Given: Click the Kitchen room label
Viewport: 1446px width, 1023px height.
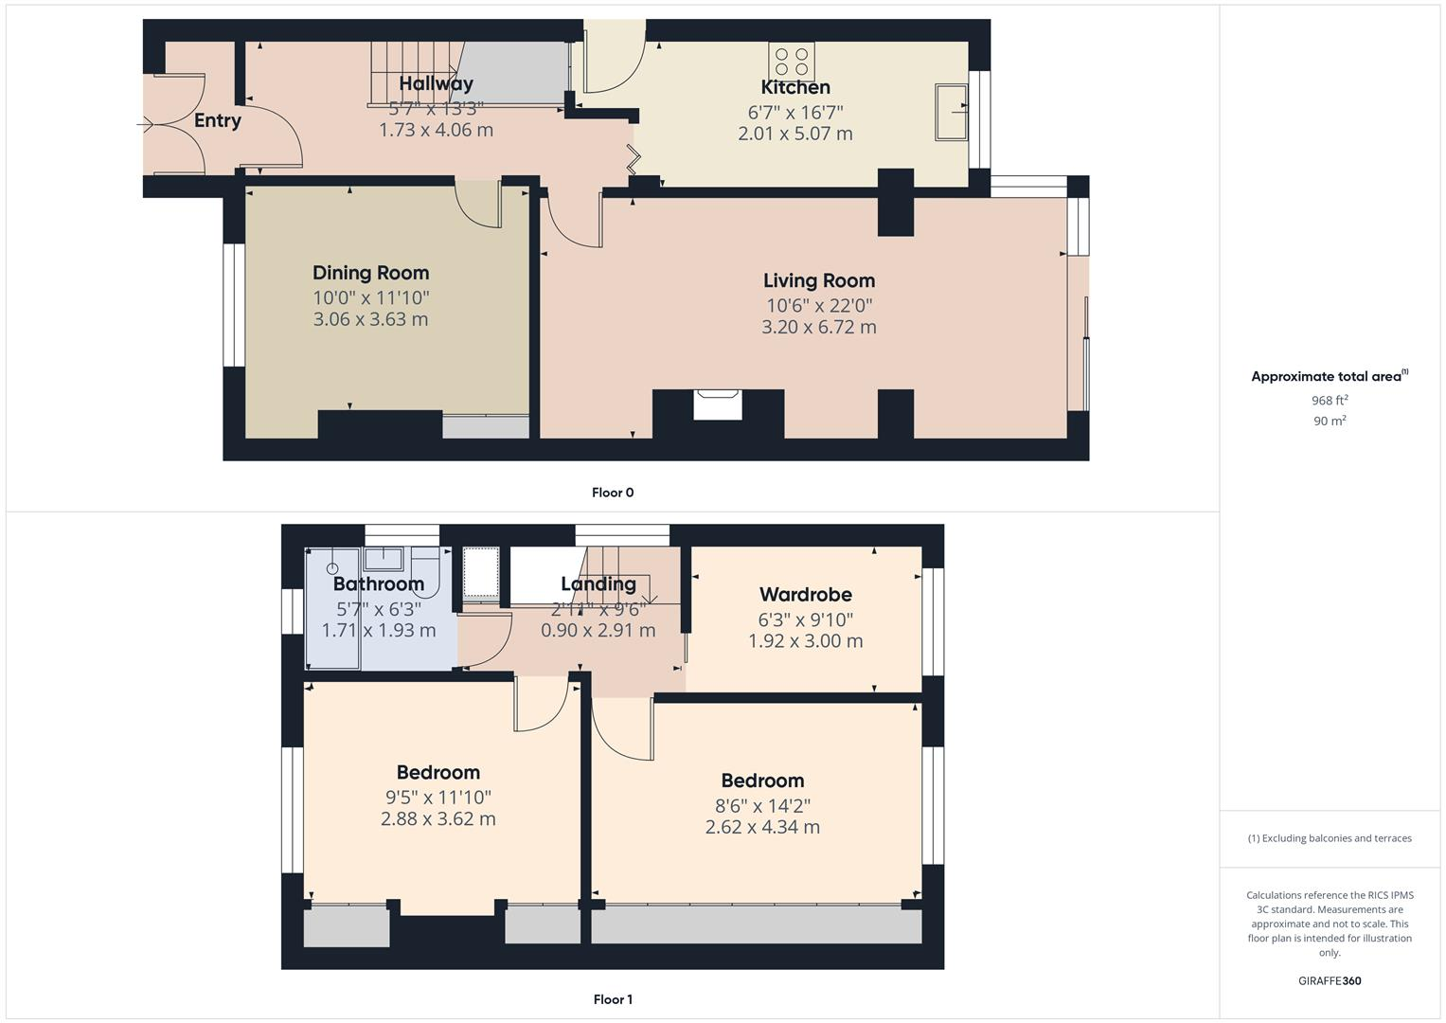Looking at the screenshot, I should [x=795, y=87].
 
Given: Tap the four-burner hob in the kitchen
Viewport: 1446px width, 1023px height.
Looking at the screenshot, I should [x=792, y=62].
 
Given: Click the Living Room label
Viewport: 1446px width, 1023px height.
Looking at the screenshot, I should [x=819, y=280].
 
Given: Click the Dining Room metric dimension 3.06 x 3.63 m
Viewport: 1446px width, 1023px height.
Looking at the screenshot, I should [x=370, y=319].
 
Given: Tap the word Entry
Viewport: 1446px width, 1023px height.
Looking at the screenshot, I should [x=218, y=120].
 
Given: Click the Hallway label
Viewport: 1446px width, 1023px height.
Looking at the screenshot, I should [x=436, y=83].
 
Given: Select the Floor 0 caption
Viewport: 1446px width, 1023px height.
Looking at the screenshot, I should [x=613, y=493].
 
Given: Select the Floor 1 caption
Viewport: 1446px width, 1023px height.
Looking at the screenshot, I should [x=613, y=999].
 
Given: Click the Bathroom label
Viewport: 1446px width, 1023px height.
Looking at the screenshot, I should [x=379, y=583].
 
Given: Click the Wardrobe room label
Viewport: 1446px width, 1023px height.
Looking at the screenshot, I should [x=806, y=595].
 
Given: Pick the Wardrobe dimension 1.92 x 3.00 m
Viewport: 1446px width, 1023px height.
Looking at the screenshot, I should [x=806, y=641].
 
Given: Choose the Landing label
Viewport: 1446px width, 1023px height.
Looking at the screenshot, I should [x=598, y=583].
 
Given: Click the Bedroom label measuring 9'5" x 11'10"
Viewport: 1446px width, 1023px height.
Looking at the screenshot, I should [x=437, y=773].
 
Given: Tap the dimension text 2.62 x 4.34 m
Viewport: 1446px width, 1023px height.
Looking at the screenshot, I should [x=762, y=827].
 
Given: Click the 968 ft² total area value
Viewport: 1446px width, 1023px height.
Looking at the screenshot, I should [x=1330, y=401].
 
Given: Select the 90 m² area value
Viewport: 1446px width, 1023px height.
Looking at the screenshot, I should [x=1330, y=422].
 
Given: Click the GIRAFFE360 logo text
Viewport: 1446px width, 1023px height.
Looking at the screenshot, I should [x=1330, y=981].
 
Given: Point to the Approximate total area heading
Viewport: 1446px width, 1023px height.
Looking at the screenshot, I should [x=1326, y=377].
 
